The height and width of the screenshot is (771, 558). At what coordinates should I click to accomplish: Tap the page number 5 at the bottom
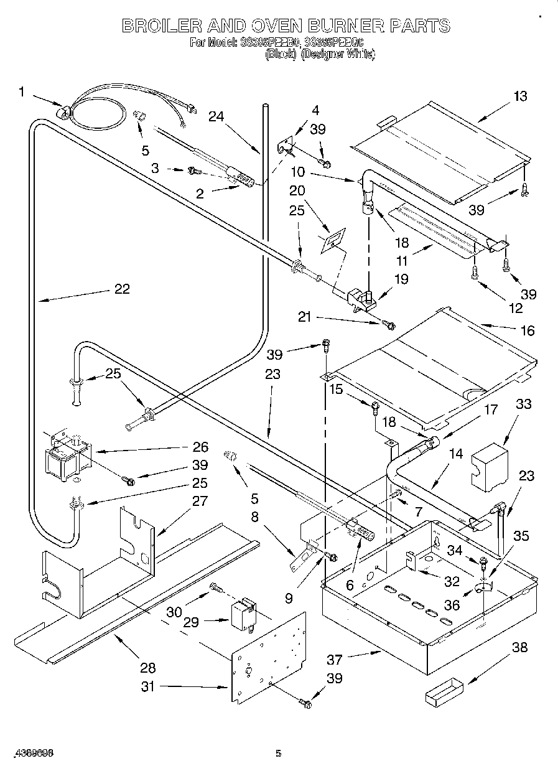[x=279, y=754]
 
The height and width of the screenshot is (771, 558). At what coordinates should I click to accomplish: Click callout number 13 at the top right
[x=519, y=96]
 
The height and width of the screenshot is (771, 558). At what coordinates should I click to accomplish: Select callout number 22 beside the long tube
[x=121, y=289]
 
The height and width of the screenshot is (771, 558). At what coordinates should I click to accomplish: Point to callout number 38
[x=519, y=647]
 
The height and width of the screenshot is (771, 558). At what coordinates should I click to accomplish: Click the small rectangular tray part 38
[x=444, y=693]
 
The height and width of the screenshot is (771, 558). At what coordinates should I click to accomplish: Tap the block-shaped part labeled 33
[x=487, y=467]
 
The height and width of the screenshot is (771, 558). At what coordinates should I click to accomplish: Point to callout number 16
[x=527, y=330]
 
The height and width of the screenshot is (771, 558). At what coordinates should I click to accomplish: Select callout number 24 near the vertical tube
[x=216, y=116]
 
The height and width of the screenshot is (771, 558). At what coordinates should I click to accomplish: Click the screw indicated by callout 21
[x=388, y=323]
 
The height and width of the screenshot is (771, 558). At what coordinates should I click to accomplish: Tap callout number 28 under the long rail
[x=148, y=668]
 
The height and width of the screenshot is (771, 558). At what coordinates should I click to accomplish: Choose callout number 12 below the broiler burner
[x=515, y=307]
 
